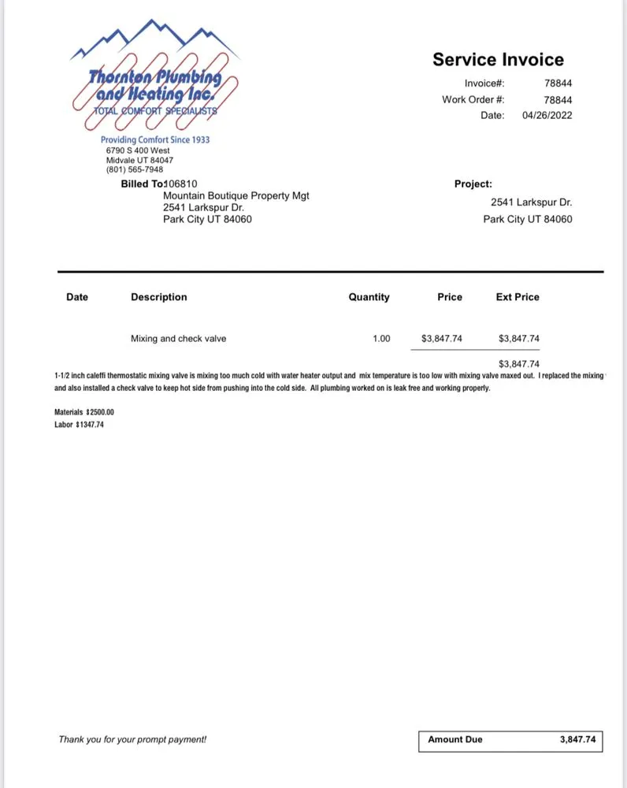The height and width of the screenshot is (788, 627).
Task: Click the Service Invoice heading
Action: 498,60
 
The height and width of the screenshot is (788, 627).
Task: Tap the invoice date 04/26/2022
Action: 547,115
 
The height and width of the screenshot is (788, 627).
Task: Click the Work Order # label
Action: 473,99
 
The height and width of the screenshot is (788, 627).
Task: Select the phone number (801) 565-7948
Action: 135,169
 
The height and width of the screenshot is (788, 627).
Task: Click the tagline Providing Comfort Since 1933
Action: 155,140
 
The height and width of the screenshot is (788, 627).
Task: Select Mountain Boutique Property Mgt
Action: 236,195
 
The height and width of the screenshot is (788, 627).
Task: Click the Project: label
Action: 473,184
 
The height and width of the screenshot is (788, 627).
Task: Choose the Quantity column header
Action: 369,297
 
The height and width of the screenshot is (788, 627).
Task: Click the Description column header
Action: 159,297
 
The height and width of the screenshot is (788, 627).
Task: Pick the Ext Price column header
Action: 518,297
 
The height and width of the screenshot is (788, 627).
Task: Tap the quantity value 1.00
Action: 381,339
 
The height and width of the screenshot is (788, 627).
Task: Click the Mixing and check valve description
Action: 178,339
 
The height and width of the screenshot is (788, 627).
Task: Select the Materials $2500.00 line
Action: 84,412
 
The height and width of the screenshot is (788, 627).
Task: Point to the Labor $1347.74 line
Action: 79,425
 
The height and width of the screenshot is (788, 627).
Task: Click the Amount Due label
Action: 455,739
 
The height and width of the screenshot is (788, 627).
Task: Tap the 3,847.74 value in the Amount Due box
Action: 577,739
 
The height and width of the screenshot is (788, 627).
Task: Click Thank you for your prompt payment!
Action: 132,739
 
